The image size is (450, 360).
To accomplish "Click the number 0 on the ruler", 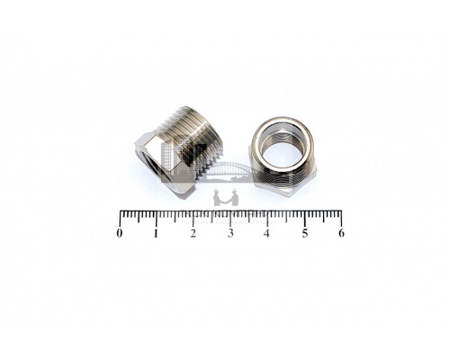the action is [120, 233].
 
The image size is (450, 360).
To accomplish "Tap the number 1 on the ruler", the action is [156, 233].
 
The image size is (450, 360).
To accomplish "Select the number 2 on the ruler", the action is [193, 233].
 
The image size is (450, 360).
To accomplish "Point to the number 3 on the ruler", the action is [230, 233].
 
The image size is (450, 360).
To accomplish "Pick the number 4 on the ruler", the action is [266, 233].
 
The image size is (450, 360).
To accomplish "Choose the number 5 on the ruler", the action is [305, 233].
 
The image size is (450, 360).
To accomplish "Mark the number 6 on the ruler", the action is [341, 233].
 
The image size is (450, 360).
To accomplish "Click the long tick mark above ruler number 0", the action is [121, 219].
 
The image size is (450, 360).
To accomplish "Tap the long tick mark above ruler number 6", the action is [341, 219].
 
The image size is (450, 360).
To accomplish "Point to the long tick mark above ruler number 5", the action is [305, 219].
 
